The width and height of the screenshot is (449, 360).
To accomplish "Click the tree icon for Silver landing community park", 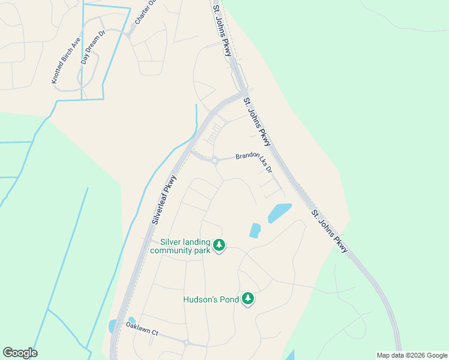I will coord(220,245).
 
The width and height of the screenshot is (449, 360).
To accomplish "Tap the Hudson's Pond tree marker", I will coord(248,298).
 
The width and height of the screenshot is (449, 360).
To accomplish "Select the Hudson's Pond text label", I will coord(211,299).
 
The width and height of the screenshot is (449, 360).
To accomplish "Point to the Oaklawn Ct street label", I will coord(141,329).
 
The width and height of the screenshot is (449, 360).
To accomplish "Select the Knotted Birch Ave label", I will coord(65,61).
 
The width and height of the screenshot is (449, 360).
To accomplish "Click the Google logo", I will coord(20,353).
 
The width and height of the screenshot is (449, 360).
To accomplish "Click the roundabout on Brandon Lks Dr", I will coord(214,160).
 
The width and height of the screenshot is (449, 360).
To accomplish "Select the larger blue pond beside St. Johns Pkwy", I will coord(279,212).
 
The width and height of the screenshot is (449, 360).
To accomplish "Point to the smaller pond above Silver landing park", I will coord(255,230).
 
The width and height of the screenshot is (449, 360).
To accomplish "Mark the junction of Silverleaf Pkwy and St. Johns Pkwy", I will coord(243,94).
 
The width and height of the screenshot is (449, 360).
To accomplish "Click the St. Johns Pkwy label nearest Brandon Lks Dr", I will coord(258,122).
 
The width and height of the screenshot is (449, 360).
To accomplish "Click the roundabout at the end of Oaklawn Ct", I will coord(187,343).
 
